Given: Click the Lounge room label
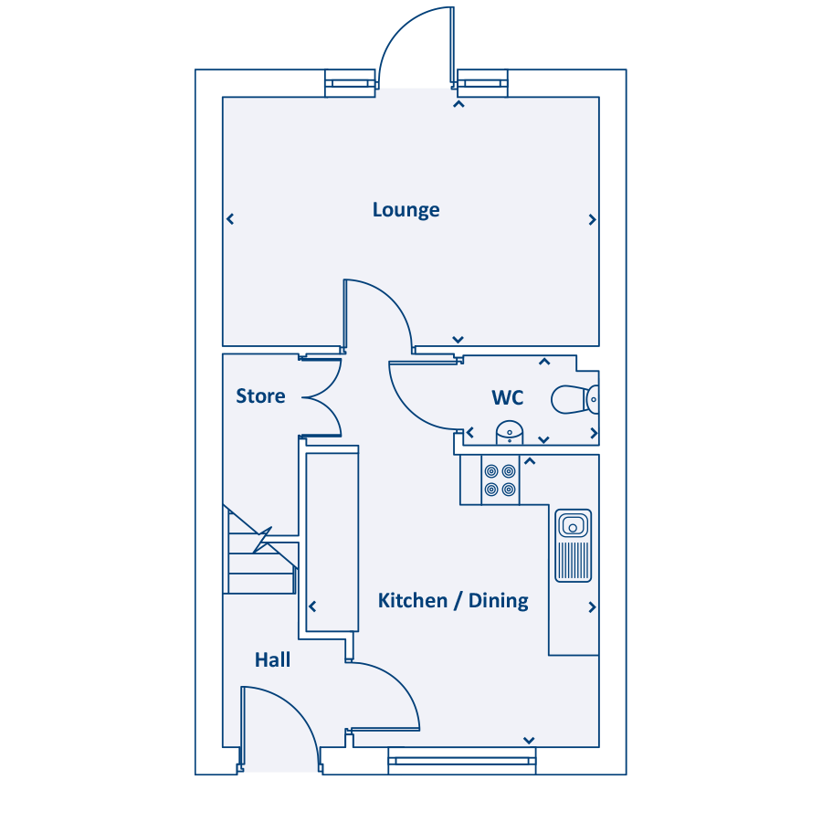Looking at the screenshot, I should click(406, 210).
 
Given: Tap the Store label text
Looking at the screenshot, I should click(260, 396).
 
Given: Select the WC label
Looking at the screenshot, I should click(508, 398).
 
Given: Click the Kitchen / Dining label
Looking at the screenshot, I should click(453, 601).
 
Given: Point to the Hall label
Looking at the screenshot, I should click(272, 659).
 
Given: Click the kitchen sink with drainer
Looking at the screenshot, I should click(574, 545).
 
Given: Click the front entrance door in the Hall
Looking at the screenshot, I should click(279, 726).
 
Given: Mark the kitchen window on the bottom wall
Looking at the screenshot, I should click(462, 760).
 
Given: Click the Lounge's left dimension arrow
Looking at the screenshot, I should click(230, 219).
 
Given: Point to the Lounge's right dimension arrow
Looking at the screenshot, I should click(592, 219).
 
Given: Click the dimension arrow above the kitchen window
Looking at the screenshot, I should click(528, 740).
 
